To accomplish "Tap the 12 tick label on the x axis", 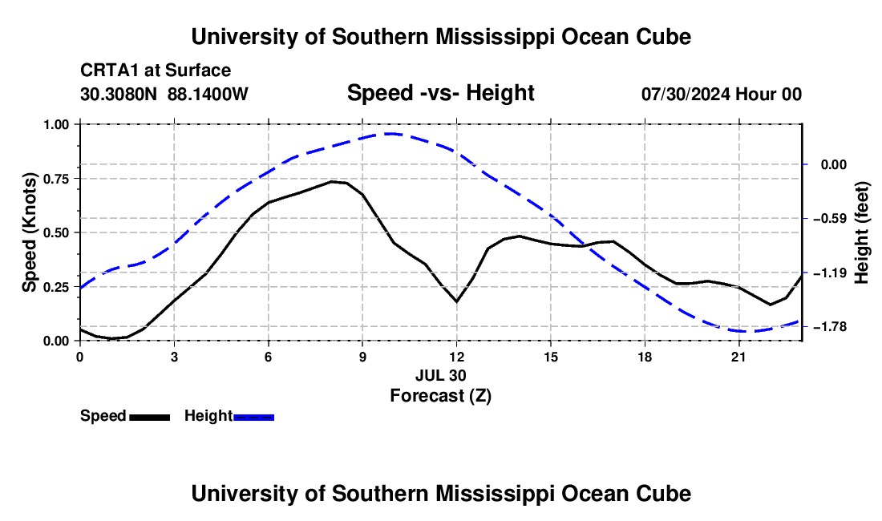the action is [x=457, y=357].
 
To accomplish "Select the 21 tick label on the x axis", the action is [x=738, y=357].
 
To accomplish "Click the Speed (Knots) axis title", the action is [x=29, y=232].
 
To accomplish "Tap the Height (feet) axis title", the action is [x=862, y=232].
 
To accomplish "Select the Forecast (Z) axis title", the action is [x=440, y=396].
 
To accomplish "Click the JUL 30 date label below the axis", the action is [x=440, y=375].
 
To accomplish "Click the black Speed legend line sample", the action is [x=150, y=417].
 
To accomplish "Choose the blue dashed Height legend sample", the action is [x=253, y=417].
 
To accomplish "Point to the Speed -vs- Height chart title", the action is [x=440, y=93].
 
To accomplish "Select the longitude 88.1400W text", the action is [x=208, y=95].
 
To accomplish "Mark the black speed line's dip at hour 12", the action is [x=457, y=302].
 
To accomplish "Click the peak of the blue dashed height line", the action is [x=392, y=133].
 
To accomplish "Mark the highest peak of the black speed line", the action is [x=332, y=181].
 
